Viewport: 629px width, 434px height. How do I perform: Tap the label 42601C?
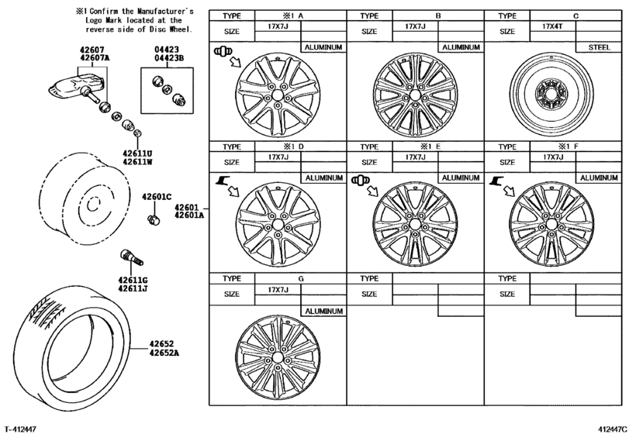click(x=156, y=196)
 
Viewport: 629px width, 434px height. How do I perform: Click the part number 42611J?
click(x=133, y=288)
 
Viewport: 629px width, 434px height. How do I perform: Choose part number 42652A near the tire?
click(x=164, y=353)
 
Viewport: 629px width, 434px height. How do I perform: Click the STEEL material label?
click(x=599, y=47)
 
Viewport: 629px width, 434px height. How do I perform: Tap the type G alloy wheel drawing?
click(x=278, y=359)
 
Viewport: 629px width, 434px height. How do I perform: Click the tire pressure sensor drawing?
click(x=79, y=91)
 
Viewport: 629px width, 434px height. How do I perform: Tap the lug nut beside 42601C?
click(x=152, y=220)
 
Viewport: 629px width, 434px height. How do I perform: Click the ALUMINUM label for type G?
click(x=323, y=311)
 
